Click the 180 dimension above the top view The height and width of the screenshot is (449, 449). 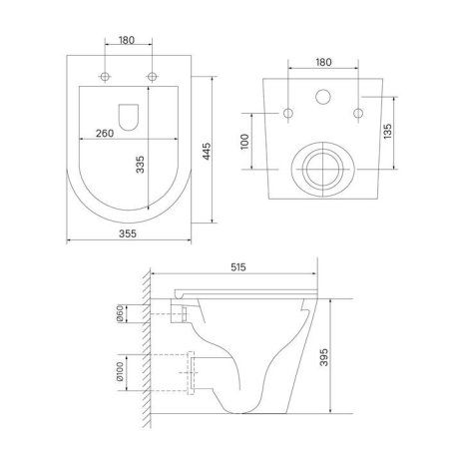click(128, 40)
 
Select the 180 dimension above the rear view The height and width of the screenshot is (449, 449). click(322, 62)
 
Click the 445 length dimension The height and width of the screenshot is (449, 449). click(207, 150)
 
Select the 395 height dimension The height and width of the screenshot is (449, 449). click(339, 357)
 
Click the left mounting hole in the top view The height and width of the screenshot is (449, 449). click(105, 78)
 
